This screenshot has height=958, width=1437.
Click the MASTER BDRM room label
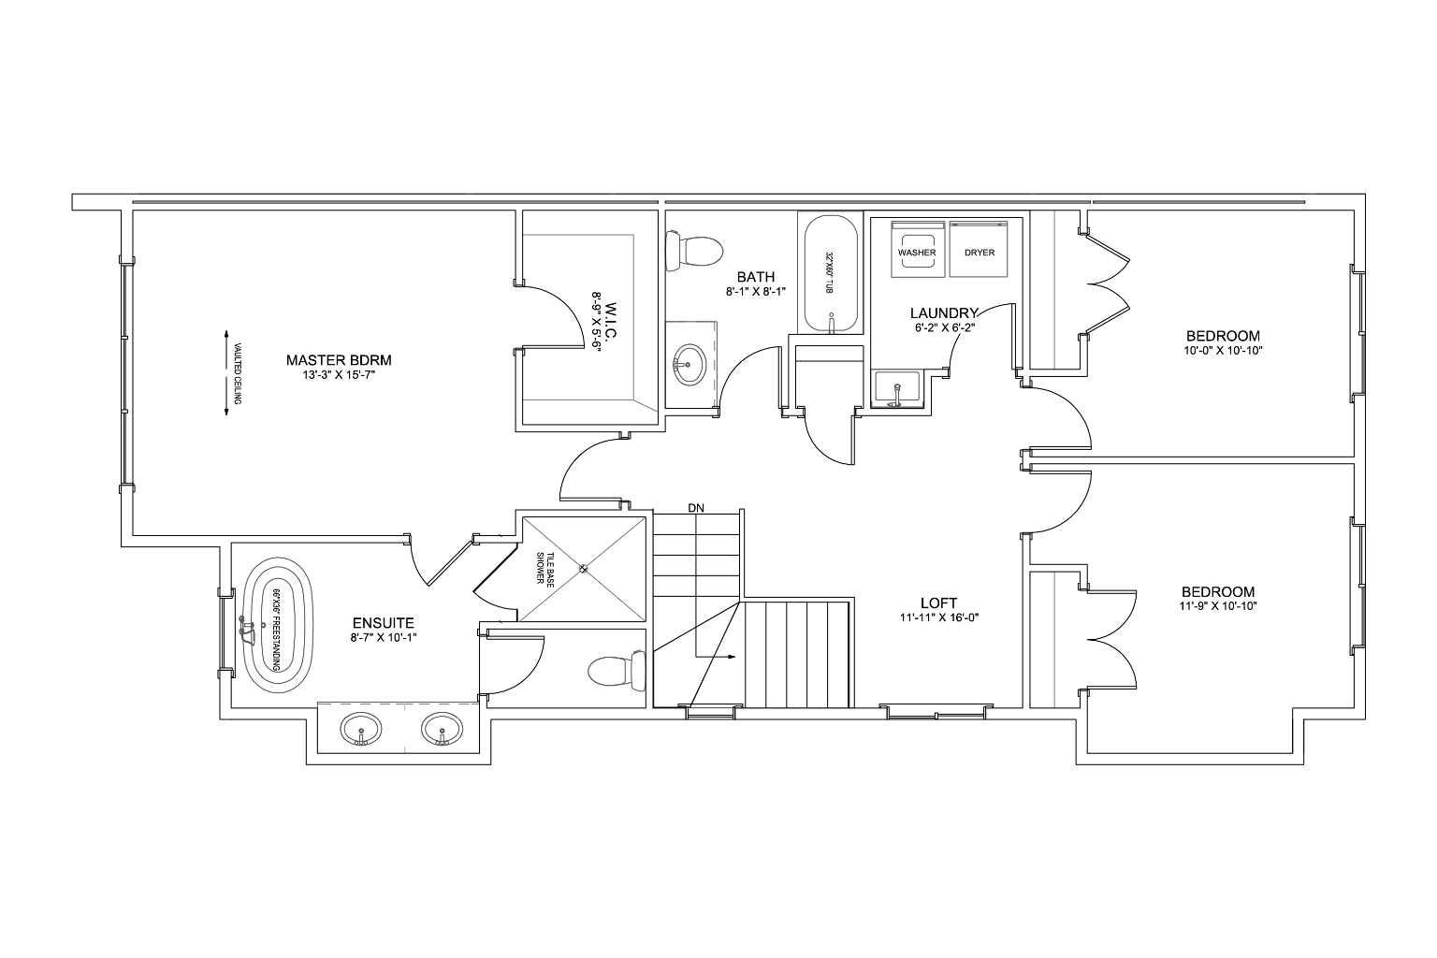(x=339, y=360)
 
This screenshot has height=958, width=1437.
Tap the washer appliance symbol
(x=917, y=249)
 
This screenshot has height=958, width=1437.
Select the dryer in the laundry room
(x=979, y=249)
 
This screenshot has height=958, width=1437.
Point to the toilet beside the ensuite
(x=617, y=671)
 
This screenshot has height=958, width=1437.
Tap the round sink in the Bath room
(x=689, y=365)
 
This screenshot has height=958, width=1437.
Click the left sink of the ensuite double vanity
(x=360, y=730)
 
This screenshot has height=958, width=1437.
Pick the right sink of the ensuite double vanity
(x=442, y=730)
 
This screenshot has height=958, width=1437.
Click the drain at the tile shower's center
(x=583, y=568)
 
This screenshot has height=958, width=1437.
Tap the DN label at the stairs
(x=696, y=508)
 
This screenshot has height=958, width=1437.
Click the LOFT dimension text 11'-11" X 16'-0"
(x=938, y=617)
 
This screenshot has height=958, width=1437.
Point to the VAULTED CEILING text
(x=237, y=373)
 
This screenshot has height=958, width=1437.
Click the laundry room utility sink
(x=896, y=389)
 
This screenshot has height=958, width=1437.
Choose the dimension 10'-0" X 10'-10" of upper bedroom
(x=1224, y=351)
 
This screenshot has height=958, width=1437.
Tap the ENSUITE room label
(x=383, y=623)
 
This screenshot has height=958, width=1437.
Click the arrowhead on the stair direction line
(x=732, y=657)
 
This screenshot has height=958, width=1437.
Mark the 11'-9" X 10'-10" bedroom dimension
(x=1218, y=605)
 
